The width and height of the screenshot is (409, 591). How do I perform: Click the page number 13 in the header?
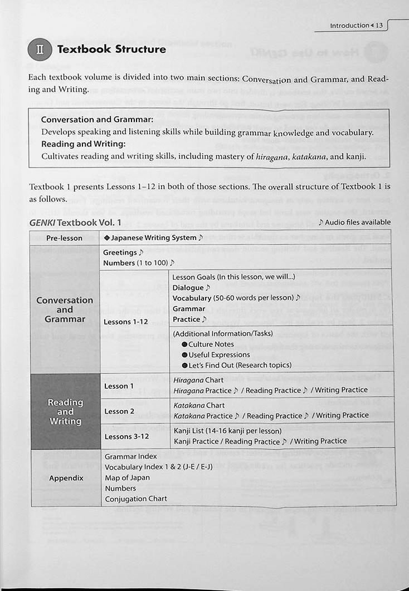point(378,26)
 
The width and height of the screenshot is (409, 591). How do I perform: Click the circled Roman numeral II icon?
point(40,50)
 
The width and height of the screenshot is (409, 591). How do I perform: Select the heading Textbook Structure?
point(111,50)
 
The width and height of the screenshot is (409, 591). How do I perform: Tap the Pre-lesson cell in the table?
point(64,238)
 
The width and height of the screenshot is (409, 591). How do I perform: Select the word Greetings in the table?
point(120,253)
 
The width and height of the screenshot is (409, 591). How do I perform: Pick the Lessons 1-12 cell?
point(126,322)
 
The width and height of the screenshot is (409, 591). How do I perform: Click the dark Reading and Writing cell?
point(65,411)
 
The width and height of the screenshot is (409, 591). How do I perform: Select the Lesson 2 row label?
point(119,411)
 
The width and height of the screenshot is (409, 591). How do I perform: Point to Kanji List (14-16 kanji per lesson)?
point(227,431)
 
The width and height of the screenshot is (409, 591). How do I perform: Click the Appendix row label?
point(66,478)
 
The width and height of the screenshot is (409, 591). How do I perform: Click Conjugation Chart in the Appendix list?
point(135,499)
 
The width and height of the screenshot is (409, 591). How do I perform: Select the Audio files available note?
point(354,223)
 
